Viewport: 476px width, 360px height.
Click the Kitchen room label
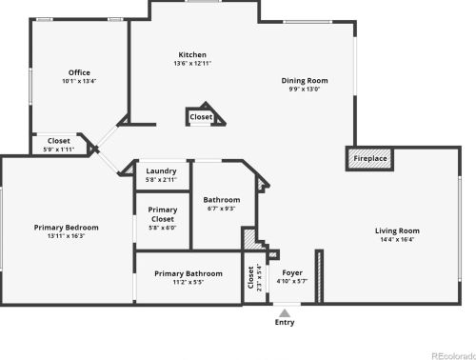coord(192,55)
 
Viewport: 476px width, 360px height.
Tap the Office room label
coord(79,72)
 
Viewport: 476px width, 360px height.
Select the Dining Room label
coord(304,81)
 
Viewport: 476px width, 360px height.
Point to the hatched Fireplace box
coord(370,159)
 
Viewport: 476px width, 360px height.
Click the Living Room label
coord(397,230)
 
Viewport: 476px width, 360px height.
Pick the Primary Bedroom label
coord(66,228)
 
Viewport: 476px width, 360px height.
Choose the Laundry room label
coord(161,171)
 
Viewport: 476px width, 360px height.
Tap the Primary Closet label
coord(162,213)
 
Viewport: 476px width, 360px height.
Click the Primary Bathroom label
coord(188,273)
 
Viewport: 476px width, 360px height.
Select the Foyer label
coord(292,272)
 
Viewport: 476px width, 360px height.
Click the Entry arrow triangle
coord(284,311)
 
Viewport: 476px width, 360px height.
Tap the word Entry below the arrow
coord(285,323)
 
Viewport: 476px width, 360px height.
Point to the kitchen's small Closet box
coord(201,117)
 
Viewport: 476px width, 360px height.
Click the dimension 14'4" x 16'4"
coord(397,240)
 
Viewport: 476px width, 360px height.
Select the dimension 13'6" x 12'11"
coord(192,64)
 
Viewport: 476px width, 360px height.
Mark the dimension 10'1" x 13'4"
coord(79,81)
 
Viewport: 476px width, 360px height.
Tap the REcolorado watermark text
coord(452,354)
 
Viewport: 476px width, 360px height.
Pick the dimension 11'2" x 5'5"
coord(188,282)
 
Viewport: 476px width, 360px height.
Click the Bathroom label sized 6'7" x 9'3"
coord(221,200)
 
